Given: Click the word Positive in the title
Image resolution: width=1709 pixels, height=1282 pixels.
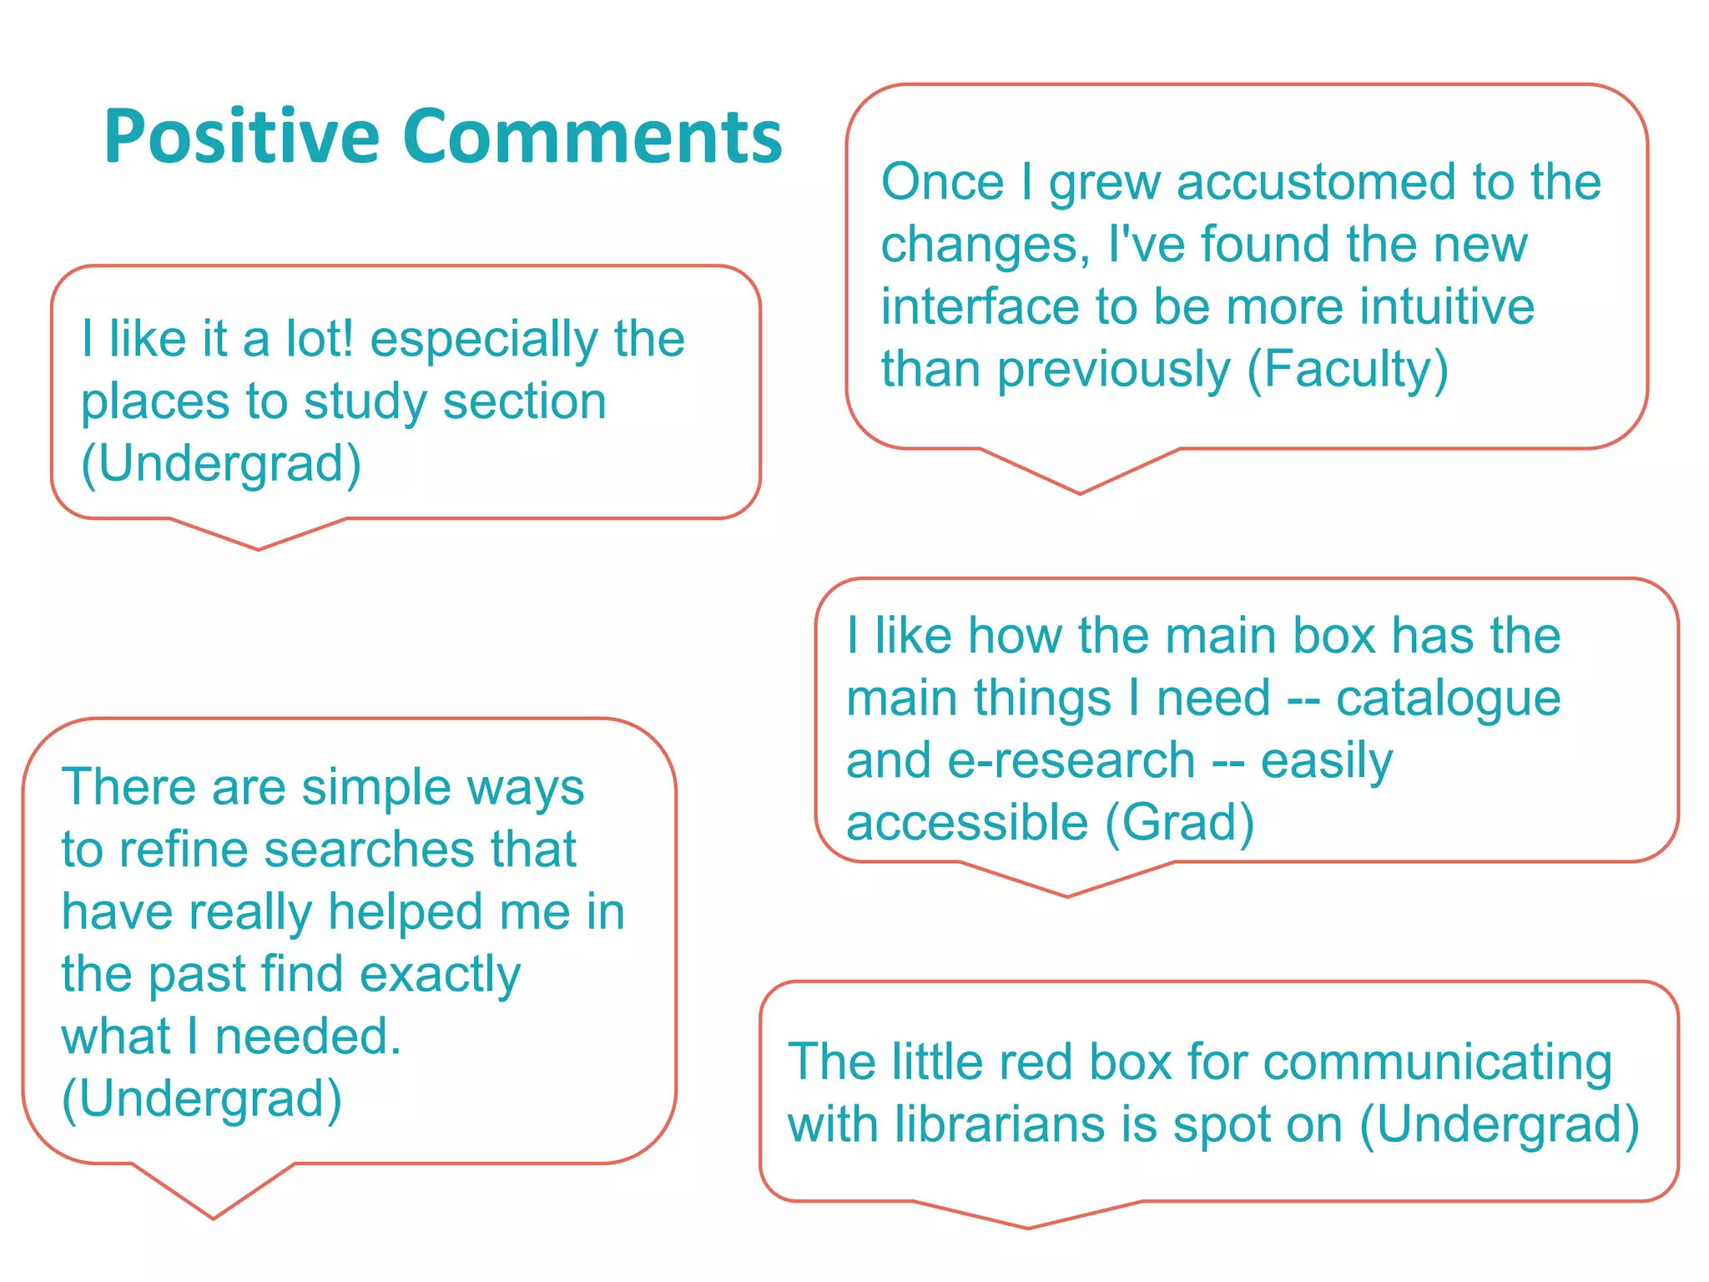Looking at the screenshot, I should click(241, 138).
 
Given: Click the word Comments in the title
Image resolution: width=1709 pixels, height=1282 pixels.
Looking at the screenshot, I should click(592, 138).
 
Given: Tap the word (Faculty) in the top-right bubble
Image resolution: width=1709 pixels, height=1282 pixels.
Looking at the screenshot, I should click(1348, 370).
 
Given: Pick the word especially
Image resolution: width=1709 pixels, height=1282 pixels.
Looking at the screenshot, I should click(484, 341).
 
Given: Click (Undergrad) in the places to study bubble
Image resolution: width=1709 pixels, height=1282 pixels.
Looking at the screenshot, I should click(221, 464).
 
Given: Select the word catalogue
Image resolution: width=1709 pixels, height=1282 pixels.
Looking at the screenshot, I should click(1448, 699).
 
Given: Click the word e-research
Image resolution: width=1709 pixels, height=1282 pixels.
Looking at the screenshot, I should click(1071, 761).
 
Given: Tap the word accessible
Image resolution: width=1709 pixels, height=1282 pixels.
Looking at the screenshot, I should click(967, 823).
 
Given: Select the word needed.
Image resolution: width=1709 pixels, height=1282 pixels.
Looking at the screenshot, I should click(308, 1037).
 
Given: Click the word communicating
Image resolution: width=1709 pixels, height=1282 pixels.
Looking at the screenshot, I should click(1437, 1063).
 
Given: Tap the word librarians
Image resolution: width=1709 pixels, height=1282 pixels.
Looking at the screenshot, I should click(1001, 1125).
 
